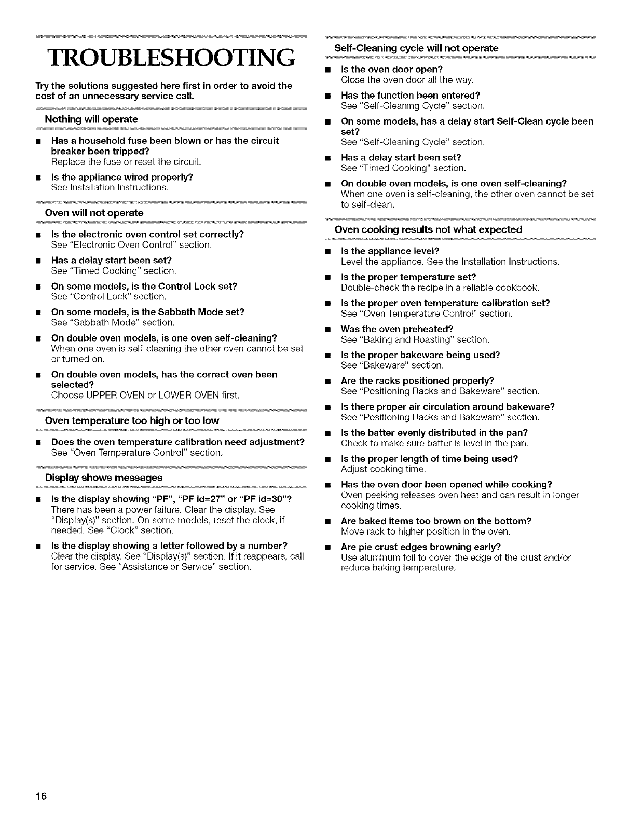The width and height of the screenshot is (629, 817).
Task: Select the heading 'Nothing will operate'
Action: (91, 119)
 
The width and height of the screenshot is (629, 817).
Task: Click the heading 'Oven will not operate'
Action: (94, 213)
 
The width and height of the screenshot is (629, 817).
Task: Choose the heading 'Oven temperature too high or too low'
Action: (132, 420)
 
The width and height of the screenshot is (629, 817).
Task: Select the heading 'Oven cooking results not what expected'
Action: (429, 229)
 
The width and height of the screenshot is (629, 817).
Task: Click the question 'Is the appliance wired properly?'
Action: (122, 176)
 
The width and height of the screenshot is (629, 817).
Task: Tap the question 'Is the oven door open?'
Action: (391, 70)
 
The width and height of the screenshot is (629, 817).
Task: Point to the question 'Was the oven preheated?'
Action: (397, 329)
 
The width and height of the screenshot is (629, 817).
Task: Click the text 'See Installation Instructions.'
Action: (110, 187)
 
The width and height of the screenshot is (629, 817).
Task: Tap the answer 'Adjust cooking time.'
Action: (383, 469)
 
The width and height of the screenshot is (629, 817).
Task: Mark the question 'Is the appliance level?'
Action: (390, 251)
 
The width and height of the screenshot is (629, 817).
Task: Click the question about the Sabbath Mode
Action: (147, 312)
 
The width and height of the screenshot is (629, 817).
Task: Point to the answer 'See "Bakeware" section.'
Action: (392, 365)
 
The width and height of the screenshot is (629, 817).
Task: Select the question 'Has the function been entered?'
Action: (411, 96)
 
